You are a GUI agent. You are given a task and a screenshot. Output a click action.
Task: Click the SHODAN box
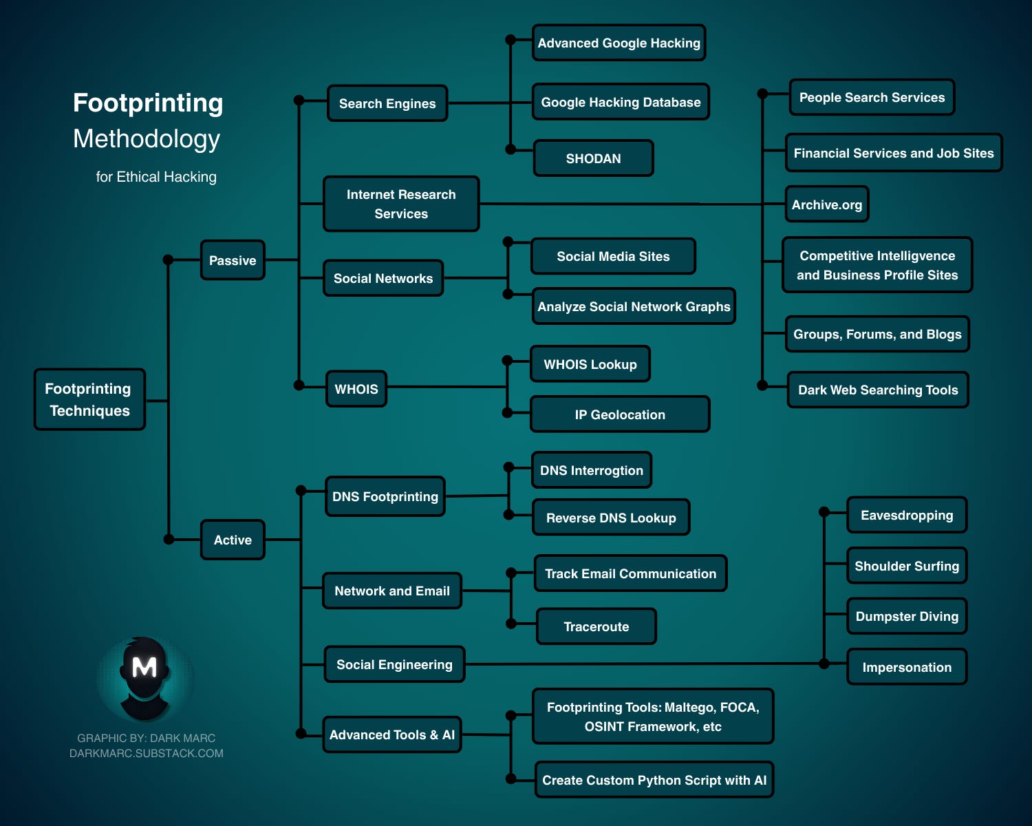(x=593, y=158)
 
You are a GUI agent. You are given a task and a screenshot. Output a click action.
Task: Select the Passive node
(x=233, y=260)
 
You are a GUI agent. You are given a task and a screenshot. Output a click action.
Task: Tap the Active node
(x=233, y=540)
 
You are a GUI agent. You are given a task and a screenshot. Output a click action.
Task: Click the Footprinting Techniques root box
(x=89, y=399)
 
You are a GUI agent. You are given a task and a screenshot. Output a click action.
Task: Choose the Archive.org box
(x=827, y=204)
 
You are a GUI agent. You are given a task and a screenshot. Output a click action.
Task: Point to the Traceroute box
(x=596, y=626)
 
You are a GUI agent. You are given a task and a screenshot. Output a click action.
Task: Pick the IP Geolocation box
(x=620, y=414)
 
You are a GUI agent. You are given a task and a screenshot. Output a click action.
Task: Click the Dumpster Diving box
(x=907, y=616)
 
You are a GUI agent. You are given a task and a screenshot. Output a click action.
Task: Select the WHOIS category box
(x=356, y=389)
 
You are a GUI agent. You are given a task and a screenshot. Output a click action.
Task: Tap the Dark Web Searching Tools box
(x=878, y=390)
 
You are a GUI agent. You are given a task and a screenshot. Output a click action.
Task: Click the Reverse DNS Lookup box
(x=611, y=518)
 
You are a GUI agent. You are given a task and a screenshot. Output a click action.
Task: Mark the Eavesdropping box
(x=907, y=515)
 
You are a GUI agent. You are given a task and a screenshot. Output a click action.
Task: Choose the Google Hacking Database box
(x=621, y=102)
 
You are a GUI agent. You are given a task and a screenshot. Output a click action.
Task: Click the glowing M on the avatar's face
(x=144, y=666)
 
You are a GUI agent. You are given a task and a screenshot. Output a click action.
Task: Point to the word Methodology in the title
(x=147, y=138)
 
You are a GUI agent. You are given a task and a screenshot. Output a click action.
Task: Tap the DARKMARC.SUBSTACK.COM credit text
(x=147, y=753)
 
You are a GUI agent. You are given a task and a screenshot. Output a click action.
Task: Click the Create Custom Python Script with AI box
(x=654, y=780)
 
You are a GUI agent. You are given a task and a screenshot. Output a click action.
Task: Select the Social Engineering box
(x=394, y=664)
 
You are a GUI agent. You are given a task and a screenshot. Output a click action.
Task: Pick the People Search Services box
(x=872, y=97)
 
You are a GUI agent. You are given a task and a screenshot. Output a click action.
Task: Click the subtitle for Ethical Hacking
(x=156, y=177)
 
